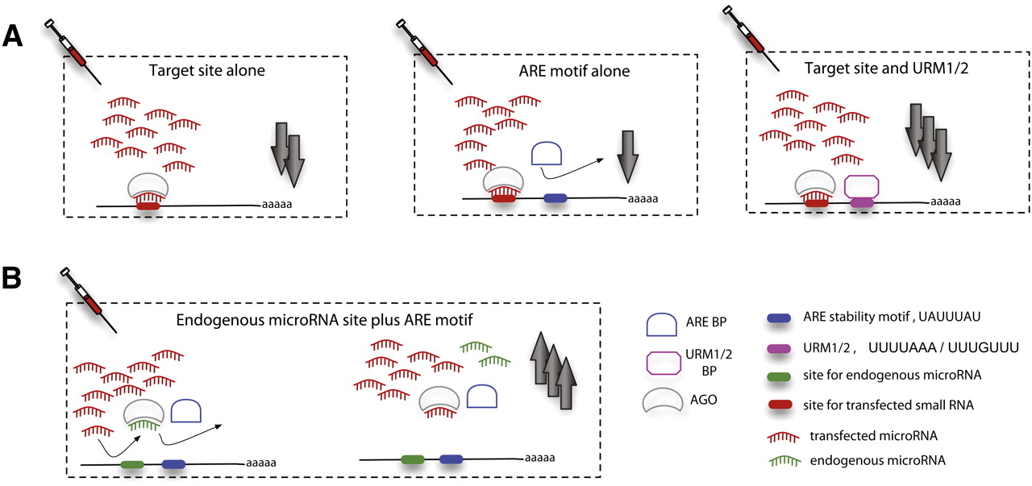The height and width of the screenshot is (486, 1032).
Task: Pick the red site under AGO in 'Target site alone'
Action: tap(148, 206)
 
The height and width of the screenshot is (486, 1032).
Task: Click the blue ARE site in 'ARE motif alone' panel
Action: tap(556, 197)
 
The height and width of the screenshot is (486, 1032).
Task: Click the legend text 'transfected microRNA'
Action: tap(864, 435)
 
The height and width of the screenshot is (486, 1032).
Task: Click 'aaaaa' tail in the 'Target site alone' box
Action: tap(277, 204)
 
